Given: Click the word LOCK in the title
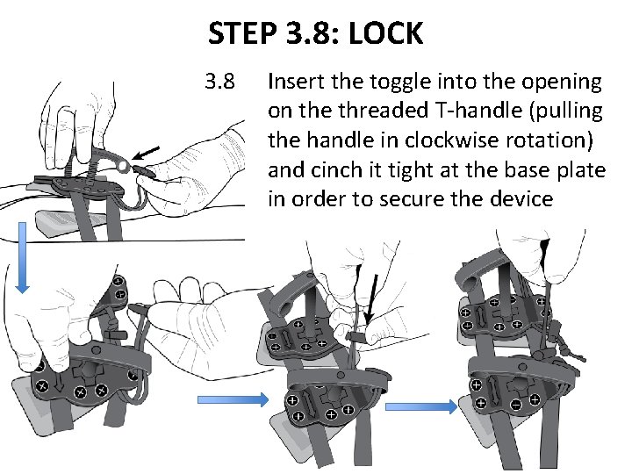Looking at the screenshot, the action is point(385,34).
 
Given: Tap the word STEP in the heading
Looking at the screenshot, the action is point(242,34).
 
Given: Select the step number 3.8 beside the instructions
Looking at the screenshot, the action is point(219,83).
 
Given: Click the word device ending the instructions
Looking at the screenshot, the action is point(521,199).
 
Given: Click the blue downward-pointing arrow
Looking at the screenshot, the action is point(23,255).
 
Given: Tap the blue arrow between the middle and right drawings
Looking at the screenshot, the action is point(421,406).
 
